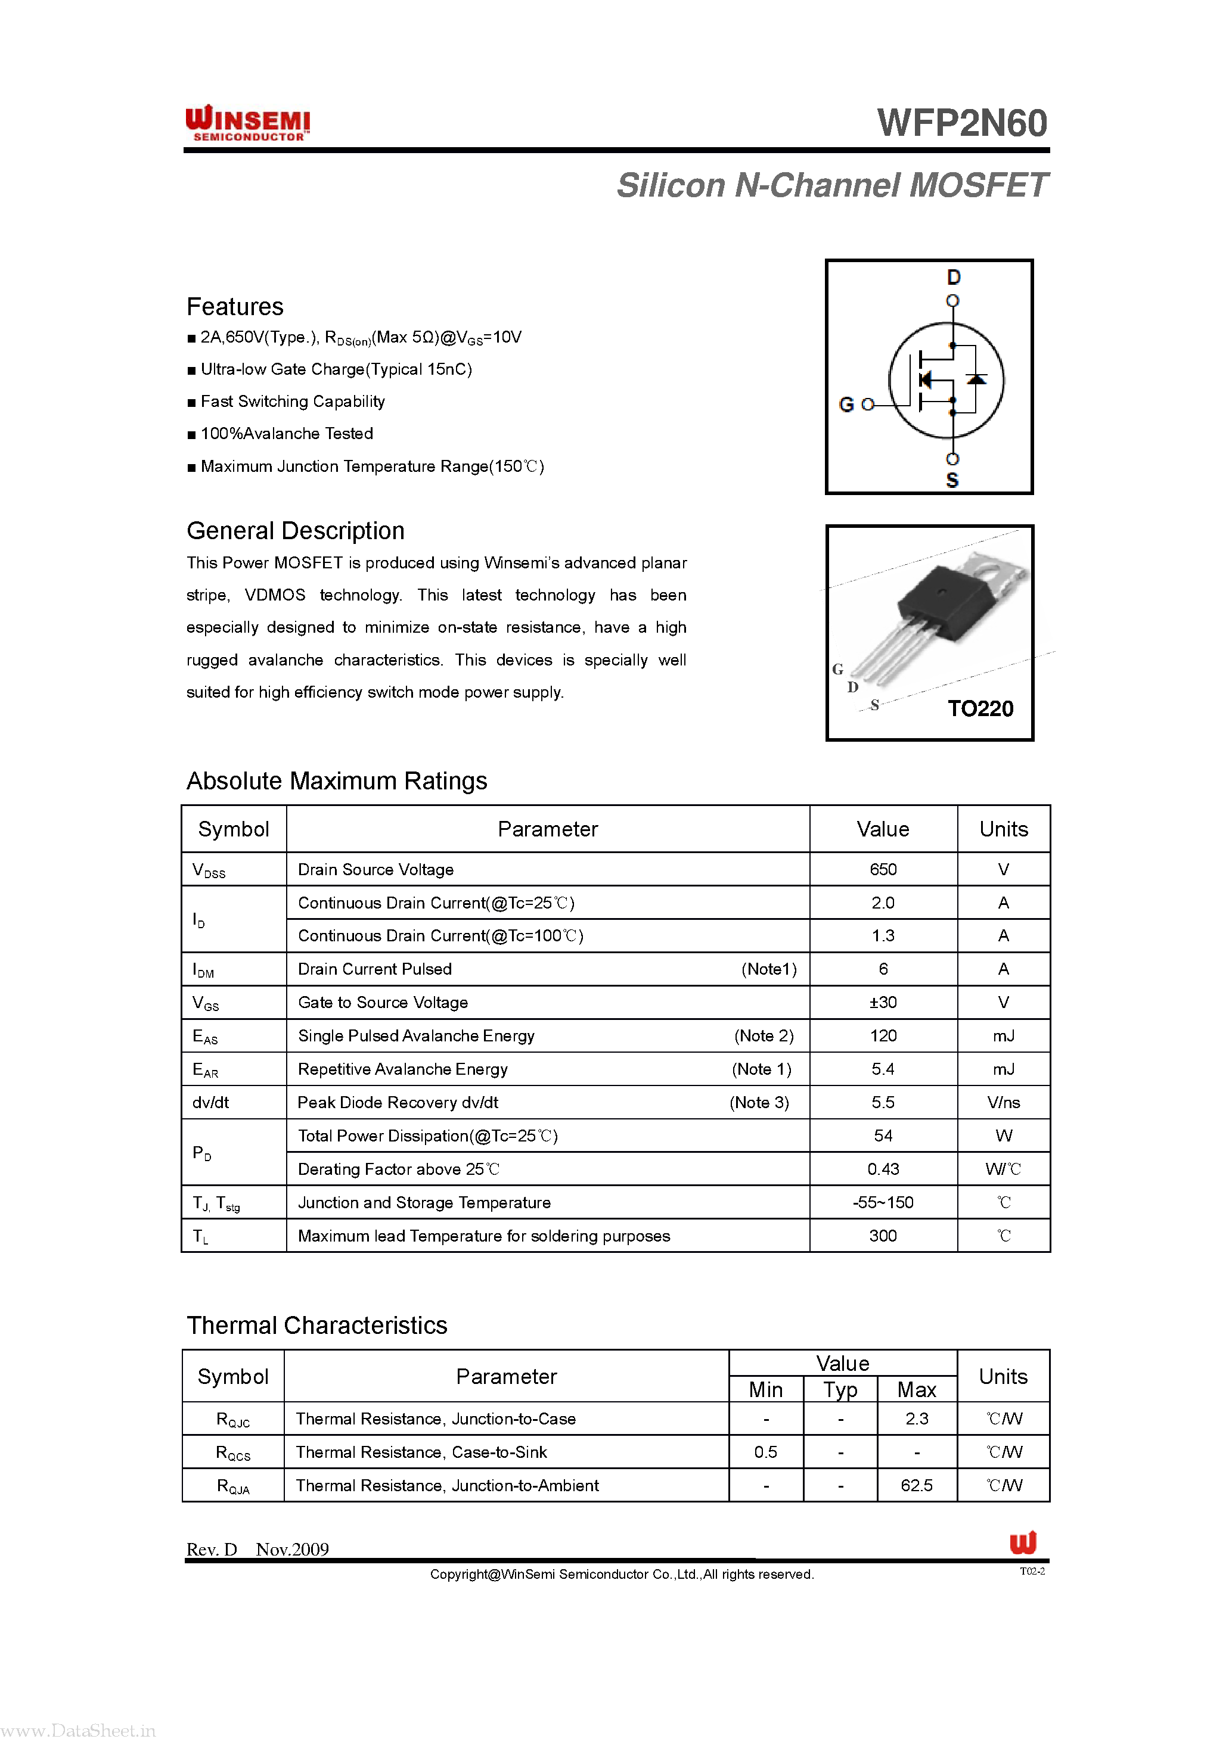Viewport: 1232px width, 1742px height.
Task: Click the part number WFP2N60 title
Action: pyautogui.click(x=962, y=123)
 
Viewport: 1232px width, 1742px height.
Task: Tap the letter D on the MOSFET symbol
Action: pyautogui.click(x=954, y=278)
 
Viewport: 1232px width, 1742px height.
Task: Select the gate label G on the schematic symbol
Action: pyautogui.click(x=846, y=405)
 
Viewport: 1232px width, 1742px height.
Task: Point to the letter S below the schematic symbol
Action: pyautogui.click(x=952, y=480)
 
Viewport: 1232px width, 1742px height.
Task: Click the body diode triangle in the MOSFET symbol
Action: pyautogui.click(x=976, y=378)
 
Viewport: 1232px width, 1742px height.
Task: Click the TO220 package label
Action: pyautogui.click(x=980, y=708)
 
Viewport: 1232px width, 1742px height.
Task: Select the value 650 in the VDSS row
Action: pyautogui.click(x=883, y=869)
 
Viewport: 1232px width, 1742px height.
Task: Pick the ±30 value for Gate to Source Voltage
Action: pyautogui.click(x=883, y=1002)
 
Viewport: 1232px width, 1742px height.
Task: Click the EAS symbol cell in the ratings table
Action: pyautogui.click(x=205, y=1037)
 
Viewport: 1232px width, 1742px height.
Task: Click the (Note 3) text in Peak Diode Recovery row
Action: pyautogui.click(x=759, y=1102)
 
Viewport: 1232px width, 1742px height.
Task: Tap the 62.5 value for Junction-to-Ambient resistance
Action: pyautogui.click(x=916, y=1486)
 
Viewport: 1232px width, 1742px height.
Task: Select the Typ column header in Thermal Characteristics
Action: pyautogui.click(x=840, y=1390)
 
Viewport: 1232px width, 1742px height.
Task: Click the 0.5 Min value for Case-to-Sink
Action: pyautogui.click(x=765, y=1452)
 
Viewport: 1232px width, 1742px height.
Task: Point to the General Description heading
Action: pyautogui.click(x=295, y=531)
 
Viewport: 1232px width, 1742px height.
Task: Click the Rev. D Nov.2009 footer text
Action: pyautogui.click(x=257, y=1550)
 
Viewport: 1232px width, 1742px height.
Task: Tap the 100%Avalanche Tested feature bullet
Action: pyautogui.click(x=286, y=434)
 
